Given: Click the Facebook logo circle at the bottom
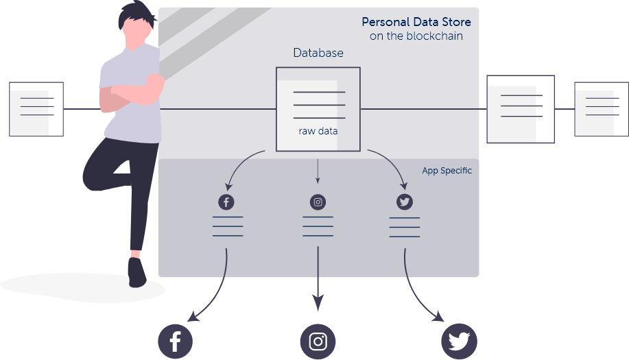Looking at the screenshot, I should coord(175,341).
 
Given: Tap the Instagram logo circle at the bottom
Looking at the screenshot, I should coord(318,341).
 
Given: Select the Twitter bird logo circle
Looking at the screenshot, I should coord(459,341).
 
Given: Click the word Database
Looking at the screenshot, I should coord(318,53).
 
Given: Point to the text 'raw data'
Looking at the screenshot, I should coord(318,130).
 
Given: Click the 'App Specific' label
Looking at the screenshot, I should coord(447,171).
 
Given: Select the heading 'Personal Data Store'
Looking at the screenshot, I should coord(416,23).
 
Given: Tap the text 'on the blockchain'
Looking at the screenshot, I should coord(416,36).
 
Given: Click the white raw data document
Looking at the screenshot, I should coord(307,115).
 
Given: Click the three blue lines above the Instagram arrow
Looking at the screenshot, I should coord(318,226).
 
